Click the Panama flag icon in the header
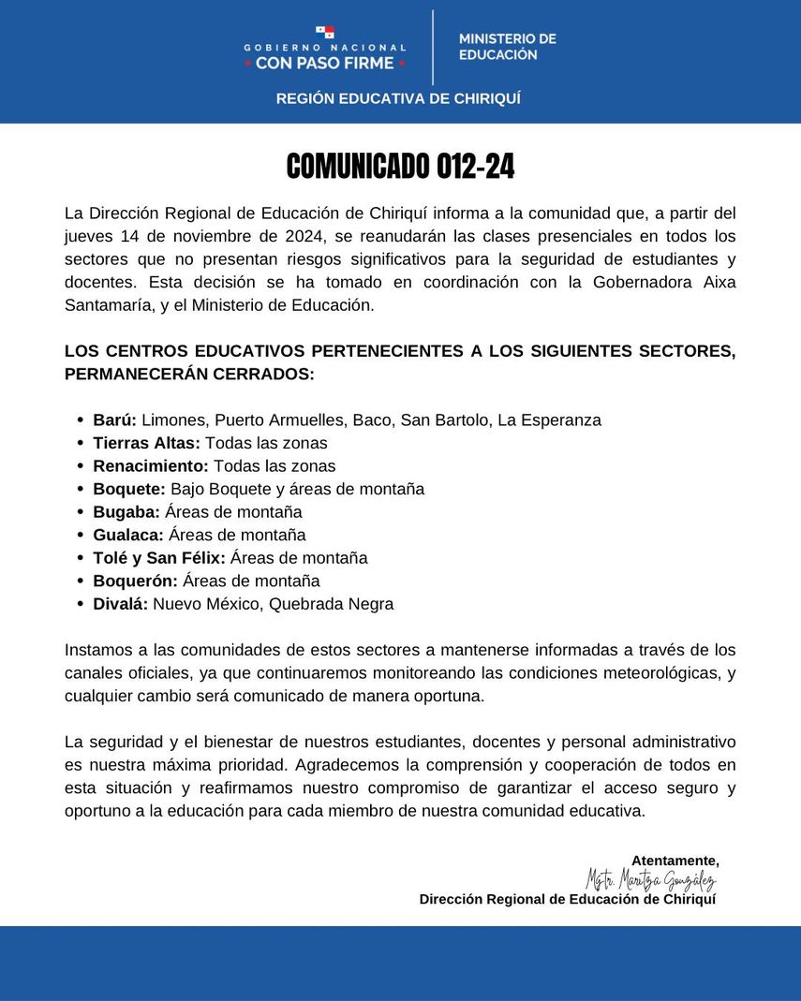(x=325, y=33)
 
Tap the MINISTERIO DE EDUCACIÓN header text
(x=507, y=47)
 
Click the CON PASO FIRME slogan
(x=325, y=64)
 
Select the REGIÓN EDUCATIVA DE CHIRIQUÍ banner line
(x=398, y=98)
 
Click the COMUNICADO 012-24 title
(x=400, y=167)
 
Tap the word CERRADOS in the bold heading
(x=270, y=374)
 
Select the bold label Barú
(x=115, y=420)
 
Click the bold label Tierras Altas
(x=146, y=443)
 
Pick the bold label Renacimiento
(x=151, y=465)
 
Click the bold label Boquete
(x=129, y=489)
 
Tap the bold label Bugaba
(x=126, y=512)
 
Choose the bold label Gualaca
(x=128, y=535)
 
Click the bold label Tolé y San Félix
(x=159, y=558)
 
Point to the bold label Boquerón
(x=135, y=581)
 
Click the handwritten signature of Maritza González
(x=650, y=880)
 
